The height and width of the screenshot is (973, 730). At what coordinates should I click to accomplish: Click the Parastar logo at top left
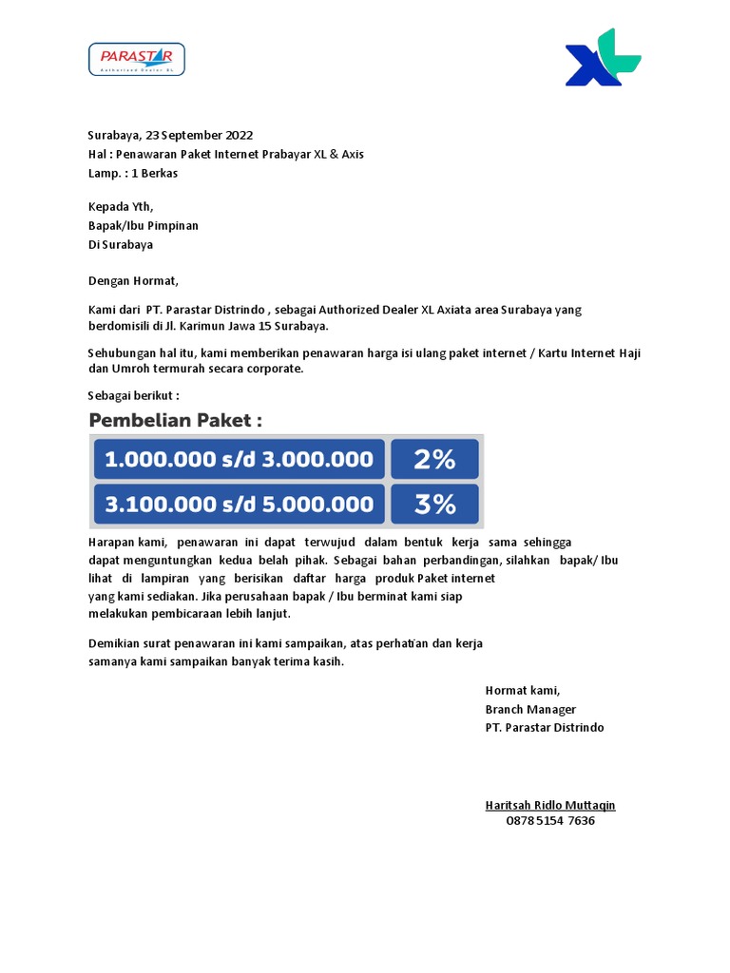(136, 59)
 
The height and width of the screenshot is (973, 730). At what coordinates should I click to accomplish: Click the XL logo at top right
(603, 59)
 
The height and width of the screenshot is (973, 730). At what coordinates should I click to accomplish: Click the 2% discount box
(435, 460)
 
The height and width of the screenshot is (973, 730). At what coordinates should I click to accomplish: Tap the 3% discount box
(435, 505)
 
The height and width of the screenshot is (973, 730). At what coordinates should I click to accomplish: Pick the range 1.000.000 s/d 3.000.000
(239, 460)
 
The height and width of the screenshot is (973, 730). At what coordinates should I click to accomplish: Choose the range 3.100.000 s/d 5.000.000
(239, 505)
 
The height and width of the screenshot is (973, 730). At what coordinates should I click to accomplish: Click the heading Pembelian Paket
(175, 420)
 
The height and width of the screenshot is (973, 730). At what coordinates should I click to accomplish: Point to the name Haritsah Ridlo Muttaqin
(550, 805)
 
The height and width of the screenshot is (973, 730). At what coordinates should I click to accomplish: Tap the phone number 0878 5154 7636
(550, 821)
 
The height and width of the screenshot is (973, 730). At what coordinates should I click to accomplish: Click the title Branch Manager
(530, 710)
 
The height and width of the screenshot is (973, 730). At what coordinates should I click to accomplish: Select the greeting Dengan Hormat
(133, 281)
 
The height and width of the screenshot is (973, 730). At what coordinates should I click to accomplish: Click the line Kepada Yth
(121, 207)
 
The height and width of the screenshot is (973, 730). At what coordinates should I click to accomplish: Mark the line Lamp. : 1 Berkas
(133, 174)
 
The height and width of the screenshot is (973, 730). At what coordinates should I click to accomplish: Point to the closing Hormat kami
(523, 691)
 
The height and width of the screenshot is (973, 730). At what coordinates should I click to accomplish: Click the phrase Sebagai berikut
(133, 395)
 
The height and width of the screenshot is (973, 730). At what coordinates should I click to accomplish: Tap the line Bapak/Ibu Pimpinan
(144, 226)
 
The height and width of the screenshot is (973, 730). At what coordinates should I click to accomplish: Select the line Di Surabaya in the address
(121, 245)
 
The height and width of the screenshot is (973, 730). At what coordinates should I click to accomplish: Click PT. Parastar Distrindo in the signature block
(544, 728)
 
